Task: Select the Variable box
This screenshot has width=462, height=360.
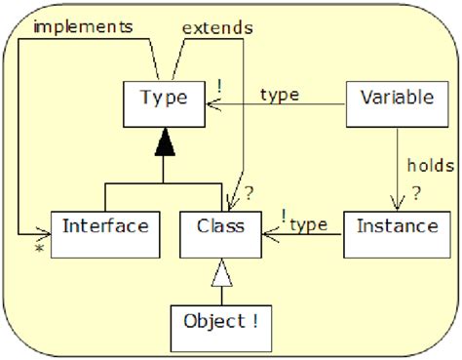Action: click(x=388, y=99)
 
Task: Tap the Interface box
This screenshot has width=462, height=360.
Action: click(x=104, y=227)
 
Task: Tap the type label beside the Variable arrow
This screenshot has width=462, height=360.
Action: click(x=279, y=94)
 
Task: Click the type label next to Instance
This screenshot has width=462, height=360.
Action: click(x=308, y=225)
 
